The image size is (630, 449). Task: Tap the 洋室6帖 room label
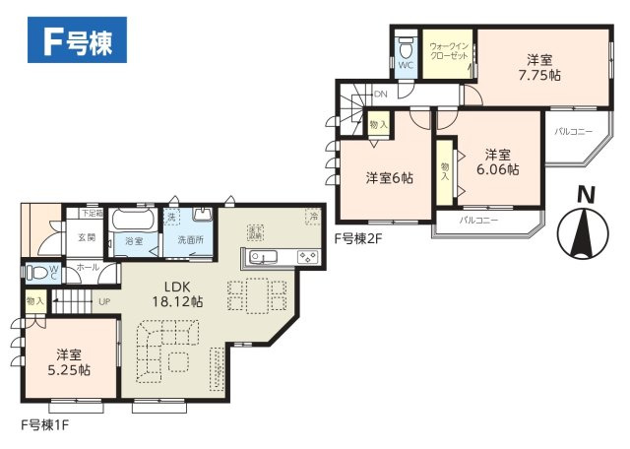click(x=389, y=177)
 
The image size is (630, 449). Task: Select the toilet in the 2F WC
click(x=406, y=48)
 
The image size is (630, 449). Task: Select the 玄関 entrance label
click(x=86, y=237)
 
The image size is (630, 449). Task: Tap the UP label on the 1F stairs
click(x=103, y=302)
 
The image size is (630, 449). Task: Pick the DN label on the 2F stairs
click(x=379, y=95)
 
